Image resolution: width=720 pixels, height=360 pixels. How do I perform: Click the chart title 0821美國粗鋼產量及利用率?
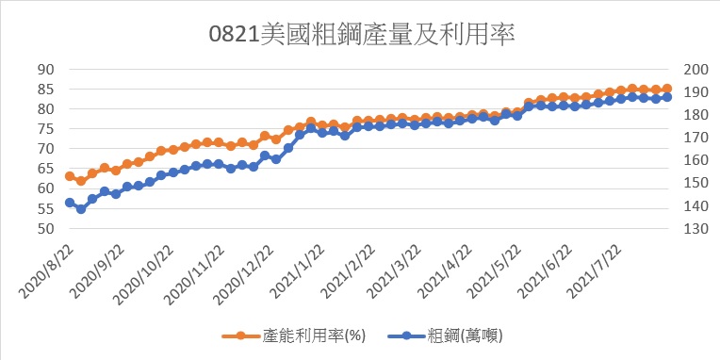point(361,36)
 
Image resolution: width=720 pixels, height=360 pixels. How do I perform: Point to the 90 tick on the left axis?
point(46,70)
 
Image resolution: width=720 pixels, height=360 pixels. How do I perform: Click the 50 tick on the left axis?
point(46,228)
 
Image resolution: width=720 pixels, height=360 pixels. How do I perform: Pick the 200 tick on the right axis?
point(696,70)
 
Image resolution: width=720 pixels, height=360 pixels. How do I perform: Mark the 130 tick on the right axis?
point(696,228)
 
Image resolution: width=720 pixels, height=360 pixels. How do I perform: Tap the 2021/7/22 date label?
point(595,270)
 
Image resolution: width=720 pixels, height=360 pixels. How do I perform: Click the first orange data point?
point(70,176)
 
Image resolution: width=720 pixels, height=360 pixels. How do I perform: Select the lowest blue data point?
point(81,209)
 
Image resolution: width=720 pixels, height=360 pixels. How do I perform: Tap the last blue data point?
point(666,97)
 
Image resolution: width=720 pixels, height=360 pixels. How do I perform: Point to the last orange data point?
point(666,89)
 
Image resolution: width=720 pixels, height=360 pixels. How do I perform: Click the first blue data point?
point(70,203)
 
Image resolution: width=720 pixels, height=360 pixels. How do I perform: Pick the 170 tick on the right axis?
point(696,138)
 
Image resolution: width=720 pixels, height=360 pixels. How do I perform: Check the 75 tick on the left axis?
point(46,129)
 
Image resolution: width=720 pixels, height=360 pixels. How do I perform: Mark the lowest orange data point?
point(81,181)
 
